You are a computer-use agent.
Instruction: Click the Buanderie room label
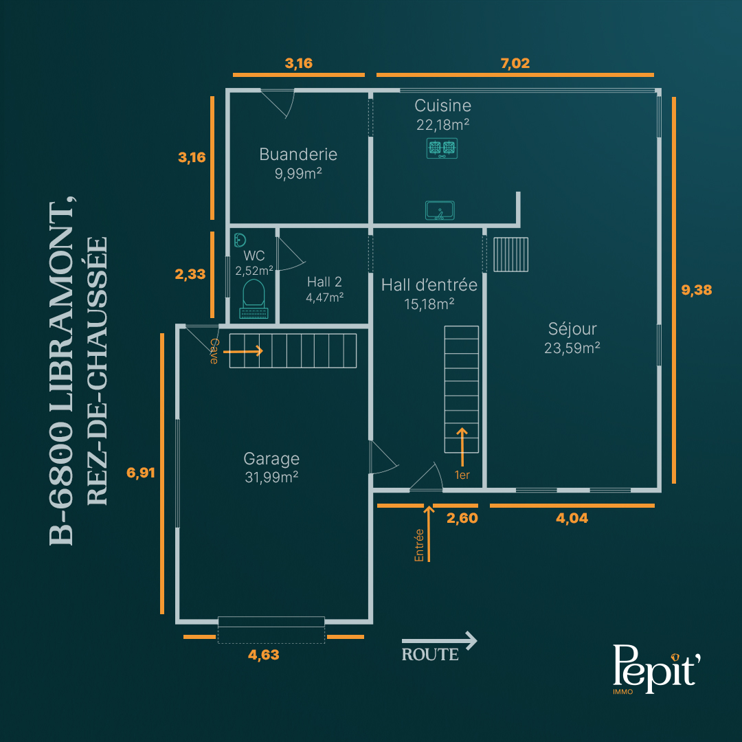pos(298,155)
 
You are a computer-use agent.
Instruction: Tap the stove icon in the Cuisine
pos(442,148)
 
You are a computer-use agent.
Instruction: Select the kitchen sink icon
pos(440,211)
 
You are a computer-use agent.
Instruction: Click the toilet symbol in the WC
pos(254,299)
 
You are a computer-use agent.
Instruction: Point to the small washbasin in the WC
pos(240,240)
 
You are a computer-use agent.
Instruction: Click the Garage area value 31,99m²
pos(271,477)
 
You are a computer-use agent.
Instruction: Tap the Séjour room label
pos(572,328)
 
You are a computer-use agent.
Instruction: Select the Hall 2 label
pos(324,282)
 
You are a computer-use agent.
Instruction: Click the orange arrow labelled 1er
pos(462,447)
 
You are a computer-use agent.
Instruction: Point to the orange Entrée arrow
pos(429,534)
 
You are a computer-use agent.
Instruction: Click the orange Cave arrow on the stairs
pos(243,351)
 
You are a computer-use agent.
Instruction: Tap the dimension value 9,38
pos(696,290)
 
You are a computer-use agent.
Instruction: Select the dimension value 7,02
pos(515,63)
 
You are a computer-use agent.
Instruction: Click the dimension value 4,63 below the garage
pos(264,655)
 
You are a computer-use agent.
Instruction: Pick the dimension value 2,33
pos(190,274)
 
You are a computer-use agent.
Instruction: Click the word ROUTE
pos(430,655)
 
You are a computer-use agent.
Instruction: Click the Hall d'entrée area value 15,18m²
pos(429,304)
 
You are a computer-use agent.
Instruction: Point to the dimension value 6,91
pos(141,473)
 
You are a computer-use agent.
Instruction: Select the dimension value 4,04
pos(572,518)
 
